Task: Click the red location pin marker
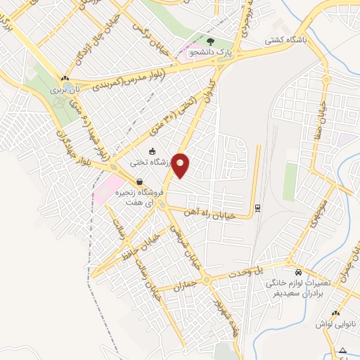pyautogui.click(x=181, y=165)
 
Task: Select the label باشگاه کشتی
pyautogui.click(x=266, y=41)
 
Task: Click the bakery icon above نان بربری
pyautogui.click(x=65, y=79)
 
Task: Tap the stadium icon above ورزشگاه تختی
pyautogui.click(x=153, y=151)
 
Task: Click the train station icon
pyautogui.click(x=257, y=207)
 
